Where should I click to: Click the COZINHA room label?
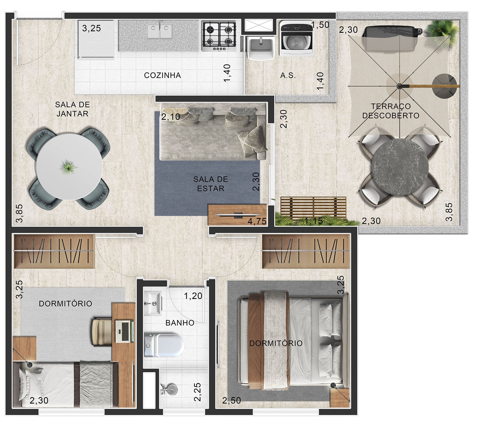(x=162, y=75)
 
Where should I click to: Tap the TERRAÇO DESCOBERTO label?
(x=391, y=111)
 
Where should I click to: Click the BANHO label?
(x=180, y=323)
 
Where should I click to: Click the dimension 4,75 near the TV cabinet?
(x=257, y=221)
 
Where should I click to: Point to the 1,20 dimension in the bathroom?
(x=193, y=296)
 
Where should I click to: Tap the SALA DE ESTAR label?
(x=211, y=184)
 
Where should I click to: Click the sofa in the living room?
(x=213, y=132)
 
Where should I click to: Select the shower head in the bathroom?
(x=168, y=388)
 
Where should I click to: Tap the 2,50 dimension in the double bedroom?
(x=231, y=400)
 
